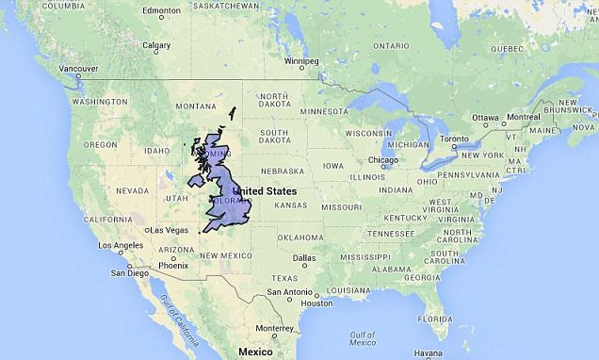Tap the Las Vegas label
click(169, 230)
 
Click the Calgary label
click(155, 45)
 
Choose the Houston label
click(316, 303)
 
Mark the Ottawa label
click(485, 118)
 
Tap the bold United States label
click(265, 191)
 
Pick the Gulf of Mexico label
click(364, 338)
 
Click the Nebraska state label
click(283, 172)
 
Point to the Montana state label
click(196, 106)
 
